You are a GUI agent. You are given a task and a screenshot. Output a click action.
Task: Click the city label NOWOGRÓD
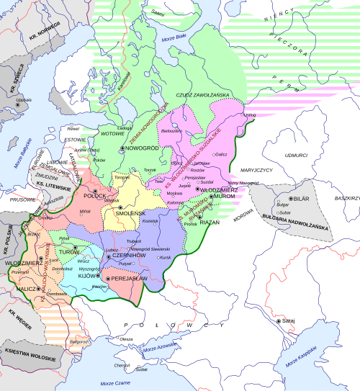(143, 148)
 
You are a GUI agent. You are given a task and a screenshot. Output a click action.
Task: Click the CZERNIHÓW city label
(130, 256)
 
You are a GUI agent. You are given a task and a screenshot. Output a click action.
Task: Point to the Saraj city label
(291, 321)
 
